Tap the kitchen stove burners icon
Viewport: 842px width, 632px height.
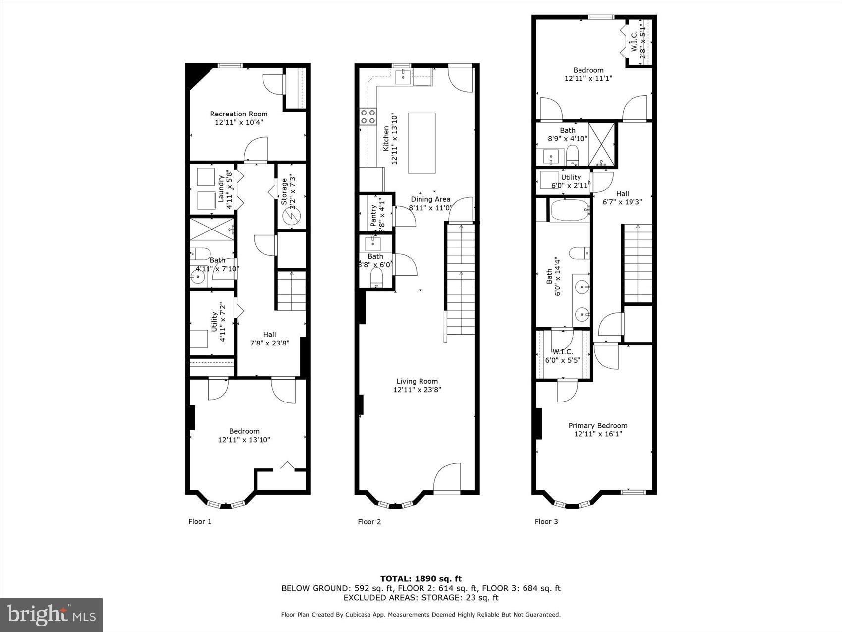(x=368, y=116)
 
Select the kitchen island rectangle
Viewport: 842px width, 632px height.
(x=421, y=143)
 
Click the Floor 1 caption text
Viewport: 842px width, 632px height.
(x=200, y=521)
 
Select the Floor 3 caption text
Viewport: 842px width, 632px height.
(x=546, y=521)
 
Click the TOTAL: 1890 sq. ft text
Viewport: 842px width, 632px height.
(x=421, y=578)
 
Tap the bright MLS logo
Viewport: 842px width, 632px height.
(x=52, y=615)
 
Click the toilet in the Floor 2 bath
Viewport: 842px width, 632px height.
(x=376, y=278)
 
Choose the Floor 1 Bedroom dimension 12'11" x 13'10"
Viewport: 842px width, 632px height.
(x=244, y=440)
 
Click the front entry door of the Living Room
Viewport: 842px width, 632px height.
(x=447, y=478)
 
